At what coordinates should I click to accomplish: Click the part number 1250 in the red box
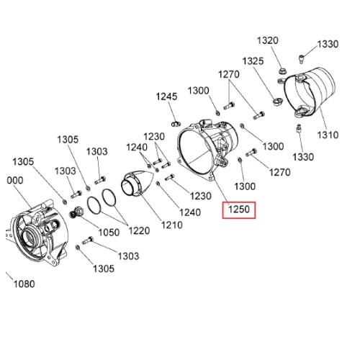239,210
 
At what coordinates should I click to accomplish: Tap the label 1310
328,135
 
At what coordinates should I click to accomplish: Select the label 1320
268,40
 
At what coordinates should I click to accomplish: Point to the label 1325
253,61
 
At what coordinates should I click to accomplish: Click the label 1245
166,96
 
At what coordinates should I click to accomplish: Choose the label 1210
172,225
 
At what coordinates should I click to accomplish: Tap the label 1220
139,231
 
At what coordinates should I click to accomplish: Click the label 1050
109,233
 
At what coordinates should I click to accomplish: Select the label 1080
24,284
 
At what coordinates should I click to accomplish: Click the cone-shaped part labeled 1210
135,184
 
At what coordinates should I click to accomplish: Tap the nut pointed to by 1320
282,71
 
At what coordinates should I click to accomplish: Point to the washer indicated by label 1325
278,101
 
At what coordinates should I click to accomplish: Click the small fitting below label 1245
176,124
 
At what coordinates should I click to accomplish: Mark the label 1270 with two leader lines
229,74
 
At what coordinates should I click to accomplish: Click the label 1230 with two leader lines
154,137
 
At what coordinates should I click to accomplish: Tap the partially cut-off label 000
15,180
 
